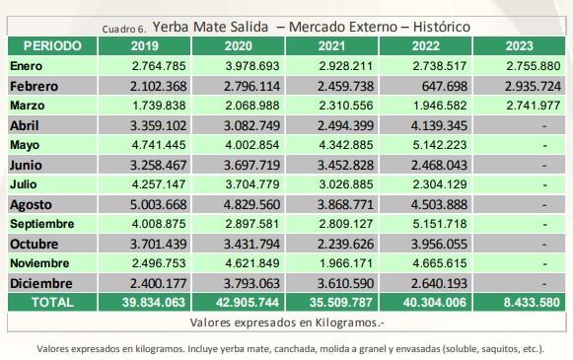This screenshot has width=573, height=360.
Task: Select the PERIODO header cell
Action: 53,45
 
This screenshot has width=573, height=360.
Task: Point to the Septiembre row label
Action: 42,224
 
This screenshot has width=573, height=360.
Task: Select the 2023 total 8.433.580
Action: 517,303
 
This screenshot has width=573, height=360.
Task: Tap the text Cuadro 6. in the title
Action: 124,29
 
